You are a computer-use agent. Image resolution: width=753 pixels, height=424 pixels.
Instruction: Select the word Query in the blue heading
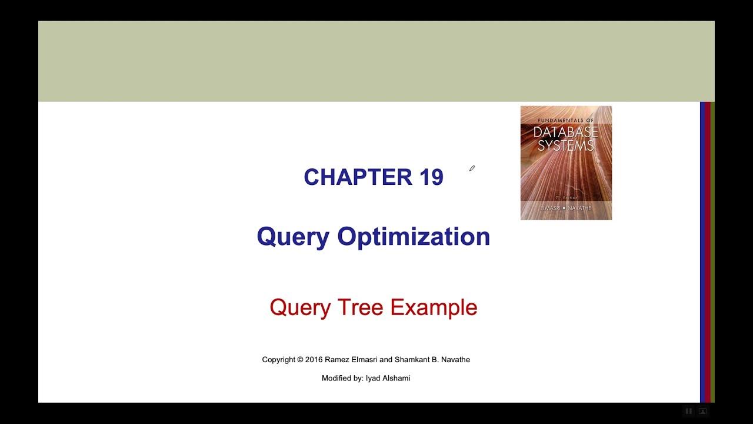(292, 237)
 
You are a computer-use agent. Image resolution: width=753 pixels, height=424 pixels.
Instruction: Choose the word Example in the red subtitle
(434, 307)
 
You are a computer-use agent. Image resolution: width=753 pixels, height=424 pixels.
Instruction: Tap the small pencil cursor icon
(472, 168)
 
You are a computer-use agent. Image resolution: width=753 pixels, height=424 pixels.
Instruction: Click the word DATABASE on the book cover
(565, 132)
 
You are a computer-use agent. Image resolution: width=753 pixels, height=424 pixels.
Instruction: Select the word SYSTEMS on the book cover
(565, 145)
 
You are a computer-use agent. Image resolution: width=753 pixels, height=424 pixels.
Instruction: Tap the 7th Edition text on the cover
(565, 198)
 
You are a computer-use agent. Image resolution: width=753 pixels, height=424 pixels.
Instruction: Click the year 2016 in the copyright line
(314, 360)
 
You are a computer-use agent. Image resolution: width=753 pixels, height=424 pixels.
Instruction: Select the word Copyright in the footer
(278, 360)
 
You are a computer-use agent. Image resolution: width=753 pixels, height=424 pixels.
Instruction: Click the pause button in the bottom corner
(688, 411)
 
